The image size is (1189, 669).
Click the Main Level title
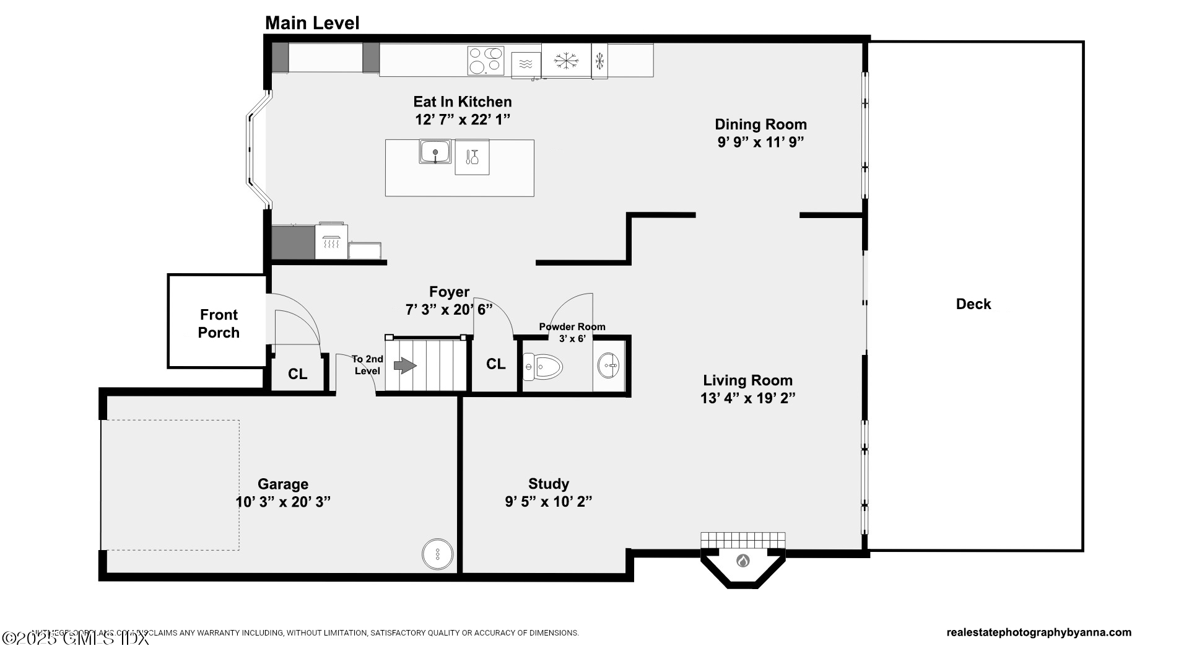[x=312, y=23]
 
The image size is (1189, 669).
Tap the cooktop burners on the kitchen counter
[x=486, y=61]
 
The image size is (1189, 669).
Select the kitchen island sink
[x=435, y=152]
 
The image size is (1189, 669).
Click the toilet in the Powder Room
[x=542, y=367]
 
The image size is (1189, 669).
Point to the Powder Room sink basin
[x=609, y=365]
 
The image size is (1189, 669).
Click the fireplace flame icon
[x=743, y=561]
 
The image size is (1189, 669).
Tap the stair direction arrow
[x=405, y=366]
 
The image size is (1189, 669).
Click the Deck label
[x=973, y=304]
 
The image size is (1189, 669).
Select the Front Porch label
[x=219, y=323]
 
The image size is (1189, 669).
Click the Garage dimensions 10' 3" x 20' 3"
[x=283, y=502]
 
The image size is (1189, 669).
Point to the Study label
[x=548, y=484]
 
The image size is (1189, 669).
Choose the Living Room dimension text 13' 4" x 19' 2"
[x=747, y=398]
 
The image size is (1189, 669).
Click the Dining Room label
[x=760, y=125]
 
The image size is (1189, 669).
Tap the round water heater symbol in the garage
[x=437, y=554]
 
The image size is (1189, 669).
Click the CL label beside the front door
[x=297, y=374]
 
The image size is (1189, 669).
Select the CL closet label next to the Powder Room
[x=495, y=364]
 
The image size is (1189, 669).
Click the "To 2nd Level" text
[x=367, y=365]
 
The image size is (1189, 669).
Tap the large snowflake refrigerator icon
[x=565, y=61]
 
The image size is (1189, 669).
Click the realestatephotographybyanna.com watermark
[x=1039, y=632]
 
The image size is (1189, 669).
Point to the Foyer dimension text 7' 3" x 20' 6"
[x=449, y=310]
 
